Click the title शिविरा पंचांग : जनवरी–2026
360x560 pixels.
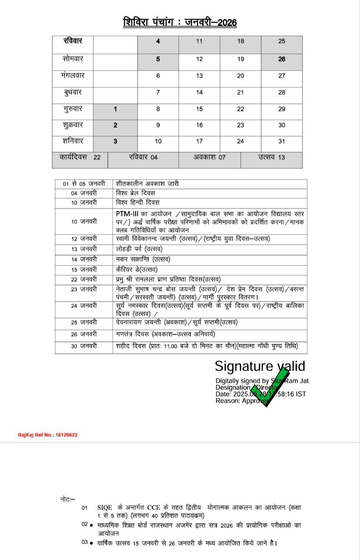point(180,22)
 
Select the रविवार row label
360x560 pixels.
point(73,41)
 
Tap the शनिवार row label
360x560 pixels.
point(73,141)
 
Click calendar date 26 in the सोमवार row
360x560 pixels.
point(282,59)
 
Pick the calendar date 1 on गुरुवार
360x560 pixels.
point(115,108)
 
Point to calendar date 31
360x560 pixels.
point(282,141)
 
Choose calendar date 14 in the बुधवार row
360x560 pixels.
point(199,92)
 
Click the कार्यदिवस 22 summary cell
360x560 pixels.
point(80,157)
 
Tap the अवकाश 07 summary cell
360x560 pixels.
point(210,157)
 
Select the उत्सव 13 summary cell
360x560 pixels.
point(271,157)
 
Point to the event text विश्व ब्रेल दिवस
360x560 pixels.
point(136,193)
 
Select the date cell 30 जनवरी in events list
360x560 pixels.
point(84,346)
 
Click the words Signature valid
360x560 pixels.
point(259,366)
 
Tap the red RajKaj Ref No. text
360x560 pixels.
point(48,435)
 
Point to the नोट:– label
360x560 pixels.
point(67,499)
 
